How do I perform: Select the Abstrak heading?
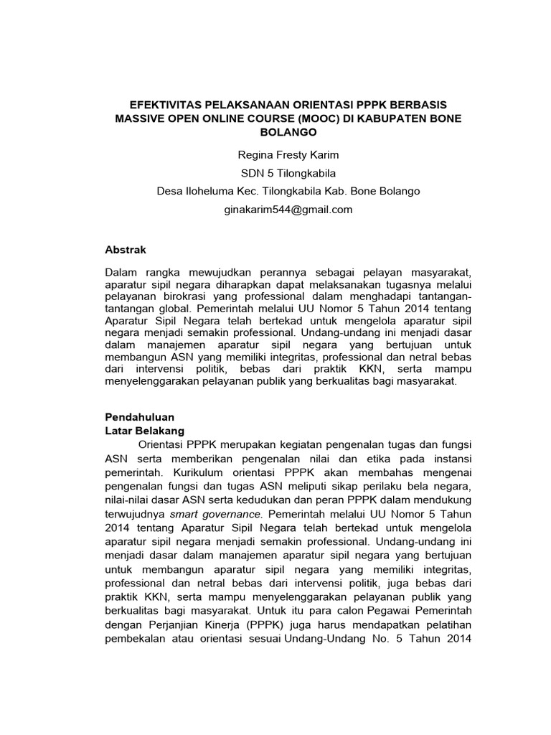pos(126,250)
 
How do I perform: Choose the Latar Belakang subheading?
pos(145,431)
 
